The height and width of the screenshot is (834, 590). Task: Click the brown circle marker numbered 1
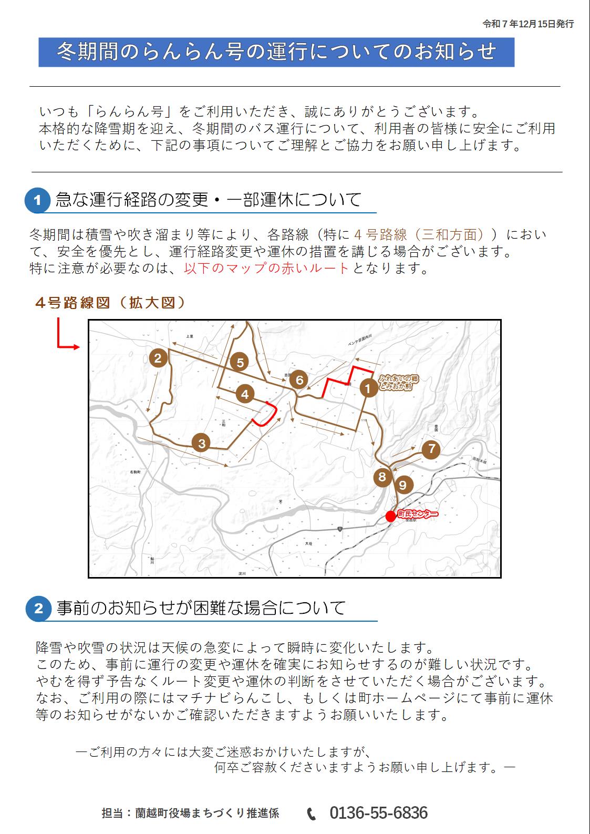coord(369,388)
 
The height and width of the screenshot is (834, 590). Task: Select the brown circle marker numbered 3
coord(202,443)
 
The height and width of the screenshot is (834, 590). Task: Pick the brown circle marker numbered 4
coord(245,394)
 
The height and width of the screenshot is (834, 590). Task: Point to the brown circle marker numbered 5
coord(240,362)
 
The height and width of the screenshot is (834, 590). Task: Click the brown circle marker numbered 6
coord(299,379)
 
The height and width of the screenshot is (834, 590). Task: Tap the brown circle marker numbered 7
coord(432,449)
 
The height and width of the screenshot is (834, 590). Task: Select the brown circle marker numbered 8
coord(382,477)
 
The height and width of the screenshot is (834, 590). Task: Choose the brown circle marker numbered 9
coord(403,485)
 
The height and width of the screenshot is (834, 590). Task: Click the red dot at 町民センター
coord(390,516)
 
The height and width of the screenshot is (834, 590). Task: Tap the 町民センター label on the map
coord(418,514)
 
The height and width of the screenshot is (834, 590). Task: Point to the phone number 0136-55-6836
coord(378,813)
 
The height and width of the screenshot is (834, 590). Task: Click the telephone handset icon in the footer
coord(312,814)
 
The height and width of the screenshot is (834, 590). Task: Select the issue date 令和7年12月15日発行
coord(528,24)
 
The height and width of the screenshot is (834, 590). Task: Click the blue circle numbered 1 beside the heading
coord(37,200)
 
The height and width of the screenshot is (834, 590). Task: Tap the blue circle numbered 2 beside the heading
coord(38,609)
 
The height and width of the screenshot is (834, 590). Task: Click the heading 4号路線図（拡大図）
coord(110,303)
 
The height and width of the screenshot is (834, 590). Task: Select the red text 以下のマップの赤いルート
coord(266,268)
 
